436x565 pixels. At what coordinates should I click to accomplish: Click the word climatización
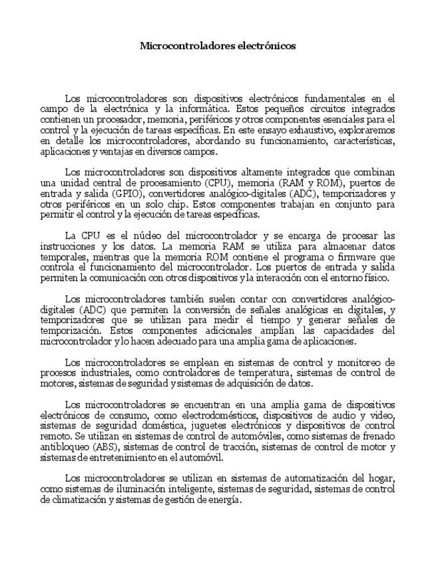[x=70, y=500]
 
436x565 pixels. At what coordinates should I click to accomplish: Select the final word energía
[x=220, y=500]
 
